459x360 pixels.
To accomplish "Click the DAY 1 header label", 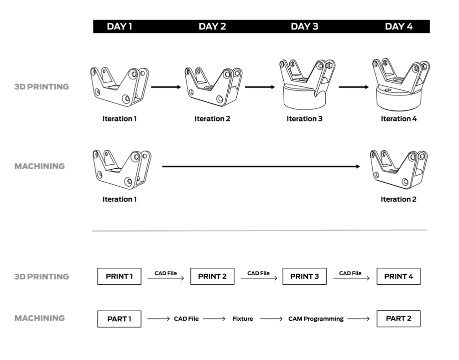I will pyautogui.click(x=120, y=26).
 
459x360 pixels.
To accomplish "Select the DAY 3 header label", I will pyautogui.click(x=304, y=26).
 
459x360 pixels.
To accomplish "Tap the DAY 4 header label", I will pyautogui.click(x=399, y=26).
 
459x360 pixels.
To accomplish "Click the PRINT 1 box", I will pyautogui.click(x=119, y=277).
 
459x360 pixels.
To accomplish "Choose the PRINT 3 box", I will pyautogui.click(x=304, y=277).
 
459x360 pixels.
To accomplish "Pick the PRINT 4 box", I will pyautogui.click(x=398, y=277).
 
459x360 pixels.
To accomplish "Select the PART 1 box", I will pyautogui.click(x=119, y=319).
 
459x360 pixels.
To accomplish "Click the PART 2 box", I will pyautogui.click(x=398, y=318).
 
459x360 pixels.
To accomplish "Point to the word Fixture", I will pyautogui.click(x=243, y=319).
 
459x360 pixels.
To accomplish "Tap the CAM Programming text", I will pyautogui.click(x=316, y=319).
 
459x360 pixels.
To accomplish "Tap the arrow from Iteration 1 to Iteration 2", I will pyautogui.click(x=166, y=86).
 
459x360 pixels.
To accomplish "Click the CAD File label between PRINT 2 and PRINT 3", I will pyautogui.click(x=259, y=273).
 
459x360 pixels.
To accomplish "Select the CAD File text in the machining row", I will pyautogui.click(x=186, y=319).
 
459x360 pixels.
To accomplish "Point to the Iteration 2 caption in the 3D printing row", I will pyautogui.click(x=212, y=119).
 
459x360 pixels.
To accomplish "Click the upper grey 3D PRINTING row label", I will pyautogui.click(x=42, y=86).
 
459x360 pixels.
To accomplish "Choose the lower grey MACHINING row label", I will pyautogui.click(x=40, y=318).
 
